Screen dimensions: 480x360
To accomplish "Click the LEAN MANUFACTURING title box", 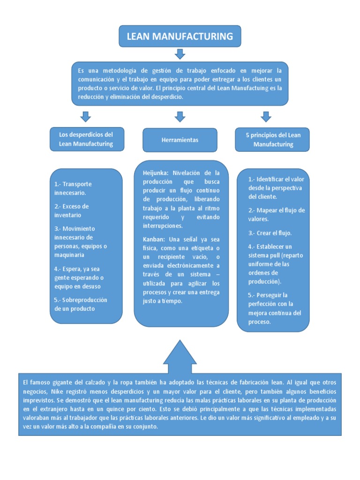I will (180, 36).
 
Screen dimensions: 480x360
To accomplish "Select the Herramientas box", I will (180, 140).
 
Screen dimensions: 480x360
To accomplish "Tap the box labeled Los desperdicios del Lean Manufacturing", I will (86, 139).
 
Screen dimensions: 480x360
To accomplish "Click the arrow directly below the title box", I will (180, 54).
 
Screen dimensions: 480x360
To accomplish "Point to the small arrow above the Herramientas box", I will (180, 117).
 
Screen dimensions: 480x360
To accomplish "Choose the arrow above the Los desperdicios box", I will (86, 117).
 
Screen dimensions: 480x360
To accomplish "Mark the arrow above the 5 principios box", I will (266, 117).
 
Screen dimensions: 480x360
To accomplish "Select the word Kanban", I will (154, 239).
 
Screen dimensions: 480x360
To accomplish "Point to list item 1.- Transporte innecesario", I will (73, 188).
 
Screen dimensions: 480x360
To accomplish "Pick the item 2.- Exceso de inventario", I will (72, 210).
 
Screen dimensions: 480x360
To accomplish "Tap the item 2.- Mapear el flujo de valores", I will (277, 214).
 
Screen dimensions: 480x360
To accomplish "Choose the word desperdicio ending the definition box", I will (168, 97).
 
